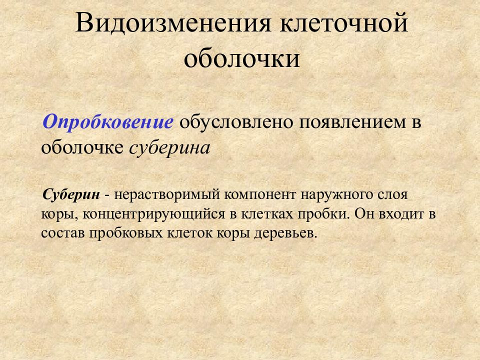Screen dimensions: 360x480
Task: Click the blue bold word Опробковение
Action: (108, 122)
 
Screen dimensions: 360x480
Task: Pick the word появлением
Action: (350, 122)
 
